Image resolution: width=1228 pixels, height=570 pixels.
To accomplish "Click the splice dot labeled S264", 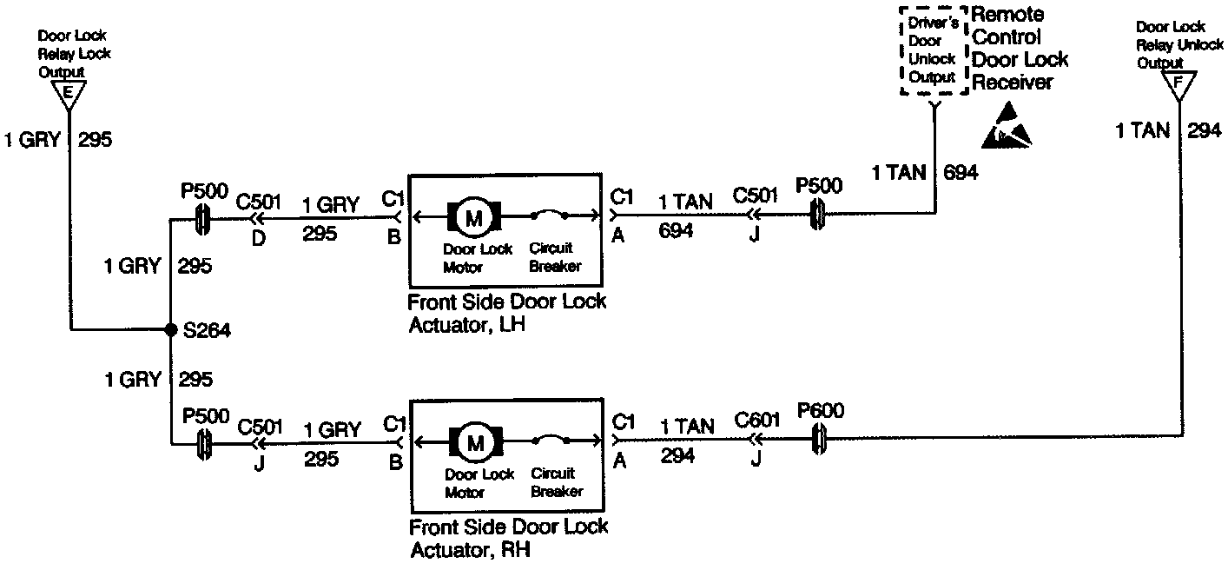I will [171, 330].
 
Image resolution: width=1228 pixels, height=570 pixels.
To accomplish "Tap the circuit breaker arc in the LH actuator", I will [551, 212].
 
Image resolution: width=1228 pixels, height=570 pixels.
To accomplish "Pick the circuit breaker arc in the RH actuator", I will [551, 440].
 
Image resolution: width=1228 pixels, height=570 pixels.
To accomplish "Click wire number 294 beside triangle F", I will [1205, 131].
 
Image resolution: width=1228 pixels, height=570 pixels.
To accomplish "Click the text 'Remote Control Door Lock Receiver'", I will [1020, 49].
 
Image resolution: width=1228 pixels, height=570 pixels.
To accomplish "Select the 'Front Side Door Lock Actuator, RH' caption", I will [508, 538].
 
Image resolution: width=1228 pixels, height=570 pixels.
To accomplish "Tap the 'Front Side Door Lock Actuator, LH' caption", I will [507, 313].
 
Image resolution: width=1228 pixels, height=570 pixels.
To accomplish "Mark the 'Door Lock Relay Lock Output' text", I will [74, 54].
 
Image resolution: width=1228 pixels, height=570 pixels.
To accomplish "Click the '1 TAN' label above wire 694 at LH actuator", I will [686, 202].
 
